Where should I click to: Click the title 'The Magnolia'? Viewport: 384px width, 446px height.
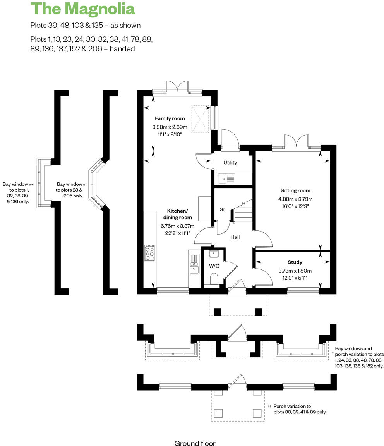[x=82, y=9]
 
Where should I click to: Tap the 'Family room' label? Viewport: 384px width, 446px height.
[x=170, y=118]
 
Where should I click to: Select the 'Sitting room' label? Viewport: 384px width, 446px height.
[x=295, y=190]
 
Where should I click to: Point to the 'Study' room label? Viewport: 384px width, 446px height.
[x=295, y=262]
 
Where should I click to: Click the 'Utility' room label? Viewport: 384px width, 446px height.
[x=230, y=163]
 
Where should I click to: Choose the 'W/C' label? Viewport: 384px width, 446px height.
[x=214, y=266]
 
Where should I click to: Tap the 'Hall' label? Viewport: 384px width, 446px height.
[x=235, y=237]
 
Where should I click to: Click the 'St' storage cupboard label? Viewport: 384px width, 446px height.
[x=222, y=209]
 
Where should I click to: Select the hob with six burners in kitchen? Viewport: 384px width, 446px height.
[x=149, y=253]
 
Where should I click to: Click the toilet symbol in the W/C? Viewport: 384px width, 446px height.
[x=214, y=278]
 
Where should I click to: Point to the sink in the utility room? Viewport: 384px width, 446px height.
[x=227, y=178]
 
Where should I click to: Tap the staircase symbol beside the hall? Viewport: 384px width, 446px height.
[x=242, y=211]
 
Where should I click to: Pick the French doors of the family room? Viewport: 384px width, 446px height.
[x=177, y=87]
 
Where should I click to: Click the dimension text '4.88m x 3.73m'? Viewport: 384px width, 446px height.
[x=295, y=199]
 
